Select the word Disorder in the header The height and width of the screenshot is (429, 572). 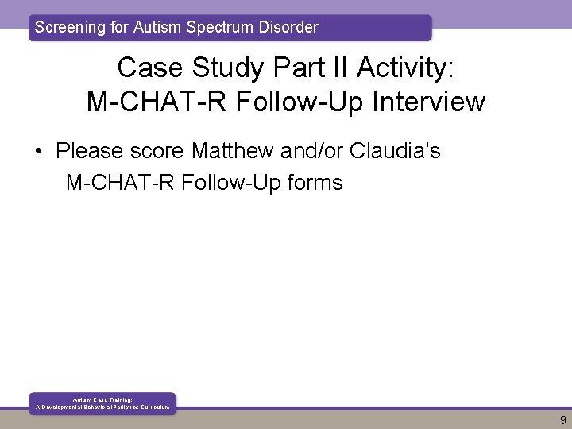click(287, 27)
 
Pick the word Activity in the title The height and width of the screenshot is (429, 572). click(404, 68)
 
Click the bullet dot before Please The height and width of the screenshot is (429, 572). click(41, 150)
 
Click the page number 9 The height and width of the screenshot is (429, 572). click(562, 419)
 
